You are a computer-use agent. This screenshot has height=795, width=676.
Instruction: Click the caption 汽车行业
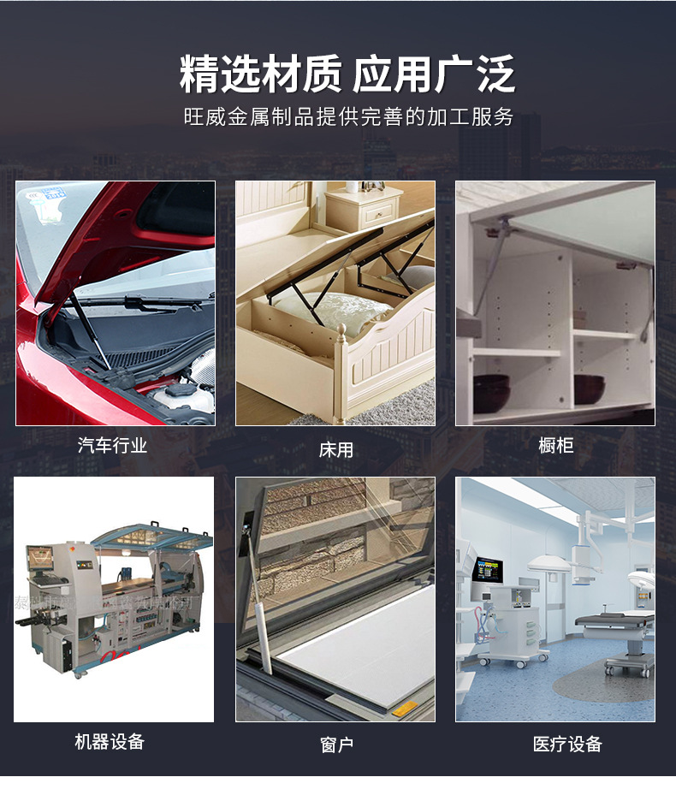pyautogui.click(x=112, y=445)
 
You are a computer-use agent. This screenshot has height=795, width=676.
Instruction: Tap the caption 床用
pyautogui.click(x=335, y=450)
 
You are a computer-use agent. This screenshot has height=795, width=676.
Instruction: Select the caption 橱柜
pyautogui.click(x=556, y=445)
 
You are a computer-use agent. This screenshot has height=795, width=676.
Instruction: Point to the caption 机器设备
pyautogui.click(x=110, y=742)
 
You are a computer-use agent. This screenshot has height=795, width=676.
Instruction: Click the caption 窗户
pyautogui.click(x=337, y=745)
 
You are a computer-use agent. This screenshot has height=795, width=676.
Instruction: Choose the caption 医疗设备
pyautogui.click(x=567, y=744)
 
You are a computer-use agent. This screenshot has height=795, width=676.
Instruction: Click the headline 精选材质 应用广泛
pyautogui.click(x=347, y=74)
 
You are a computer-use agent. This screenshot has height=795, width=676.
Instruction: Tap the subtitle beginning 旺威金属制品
pyautogui.click(x=348, y=116)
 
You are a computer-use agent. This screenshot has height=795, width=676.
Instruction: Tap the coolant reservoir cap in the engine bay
pyautogui.click(x=179, y=390)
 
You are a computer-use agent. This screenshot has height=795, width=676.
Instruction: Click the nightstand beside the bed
pyautogui.click(x=365, y=209)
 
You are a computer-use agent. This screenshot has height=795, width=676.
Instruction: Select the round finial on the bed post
pyautogui.click(x=341, y=330)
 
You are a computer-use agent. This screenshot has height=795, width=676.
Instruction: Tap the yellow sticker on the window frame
pyautogui.click(x=405, y=706)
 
